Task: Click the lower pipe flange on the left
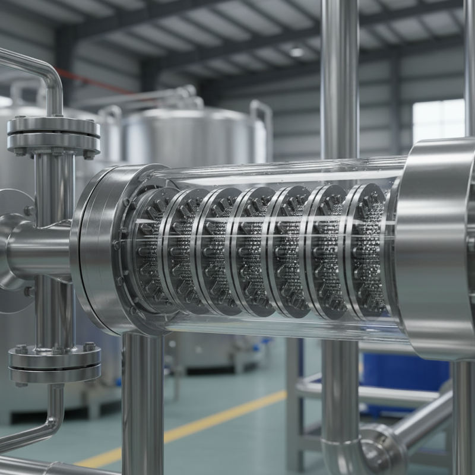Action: tap(55, 363)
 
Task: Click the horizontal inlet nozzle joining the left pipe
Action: tap(39, 249)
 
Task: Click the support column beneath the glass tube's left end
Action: tap(142, 404)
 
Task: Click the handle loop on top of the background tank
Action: tap(261, 116)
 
